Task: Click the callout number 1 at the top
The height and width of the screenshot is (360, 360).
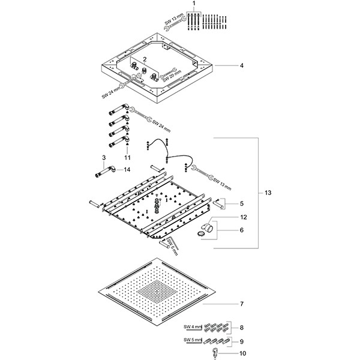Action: pyautogui.click(x=194, y=4)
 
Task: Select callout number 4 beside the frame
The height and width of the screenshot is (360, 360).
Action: pyautogui.click(x=241, y=65)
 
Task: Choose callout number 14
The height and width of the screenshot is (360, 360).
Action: pyautogui.click(x=127, y=170)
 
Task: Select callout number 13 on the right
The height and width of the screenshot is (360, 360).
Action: pyautogui.click(x=268, y=193)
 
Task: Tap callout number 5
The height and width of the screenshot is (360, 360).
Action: pyautogui.click(x=241, y=203)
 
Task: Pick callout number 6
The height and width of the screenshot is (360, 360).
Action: pyautogui.click(x=242, y=230)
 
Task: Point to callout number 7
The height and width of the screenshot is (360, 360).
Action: pyautogui.click(x=242, y=305)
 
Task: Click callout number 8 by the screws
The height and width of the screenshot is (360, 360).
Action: pyautogui.click(x=242, y=328)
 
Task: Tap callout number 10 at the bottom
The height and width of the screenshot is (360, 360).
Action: pyautogui.click(x=242, y=353)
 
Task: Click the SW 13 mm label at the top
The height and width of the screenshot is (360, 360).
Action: pyautogui.click(x=174, y=20)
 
